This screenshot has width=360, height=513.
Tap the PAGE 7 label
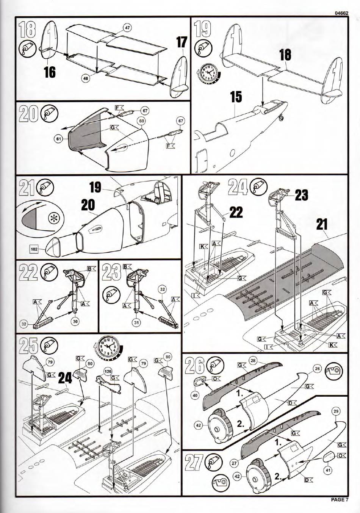pos(339,499)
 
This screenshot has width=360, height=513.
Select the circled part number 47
pos(127,28)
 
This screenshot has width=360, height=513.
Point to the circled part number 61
pos(59,139)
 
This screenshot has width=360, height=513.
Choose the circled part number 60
pos(142,121)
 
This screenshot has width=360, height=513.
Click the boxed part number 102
pos(34,249)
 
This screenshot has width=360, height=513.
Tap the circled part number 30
pos(75,321)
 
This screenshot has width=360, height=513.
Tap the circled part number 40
pos(195,396)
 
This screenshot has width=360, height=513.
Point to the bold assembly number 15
pos(236,97)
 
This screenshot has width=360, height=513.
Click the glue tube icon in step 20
pos(49,113)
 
